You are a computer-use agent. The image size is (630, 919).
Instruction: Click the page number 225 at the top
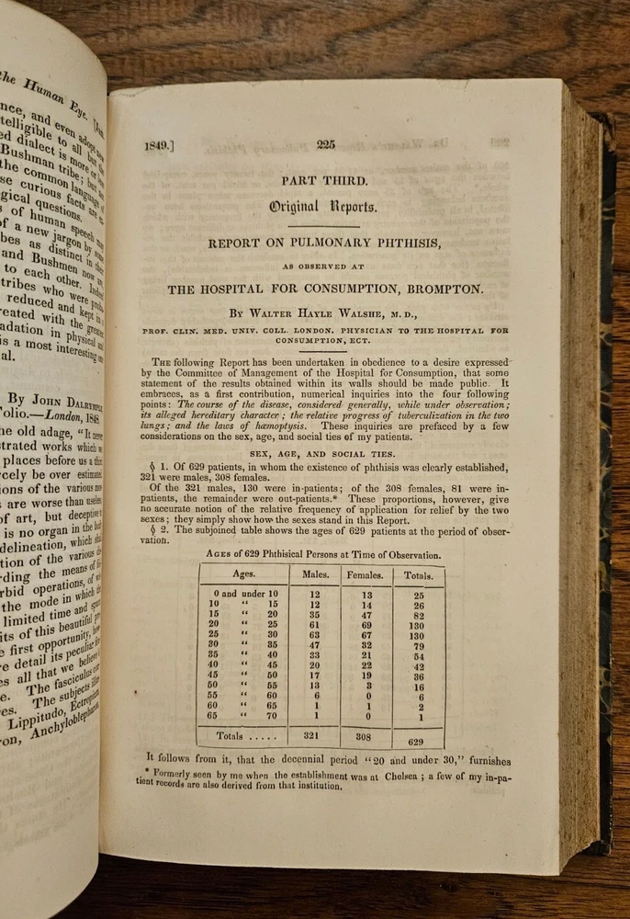pyautogui.click(x=328, y=143)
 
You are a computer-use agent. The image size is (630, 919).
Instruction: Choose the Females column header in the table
pyautogui.click(x=365, y=575)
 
